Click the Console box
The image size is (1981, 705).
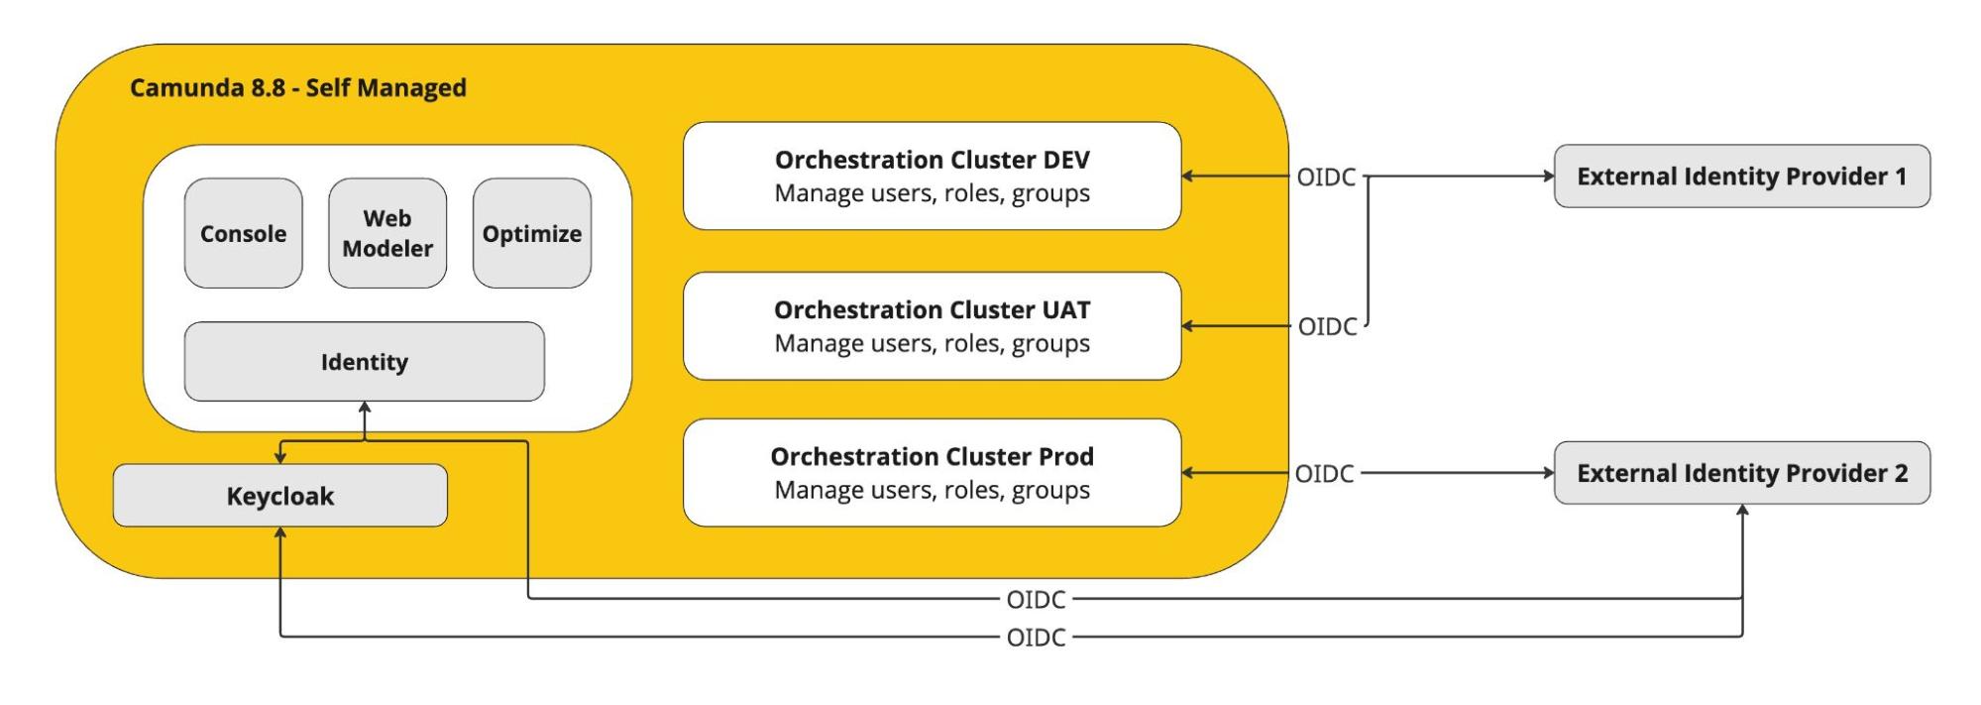tap(243, 233)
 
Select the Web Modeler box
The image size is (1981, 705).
tap(387, 233)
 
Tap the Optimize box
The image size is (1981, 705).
tap(532, 233)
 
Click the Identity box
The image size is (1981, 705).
tap(364, 362)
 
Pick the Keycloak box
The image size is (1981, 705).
tap(280, 496)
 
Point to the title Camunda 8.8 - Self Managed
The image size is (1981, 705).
tap(298, 88)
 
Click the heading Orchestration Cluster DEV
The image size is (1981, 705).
tap(933, 160)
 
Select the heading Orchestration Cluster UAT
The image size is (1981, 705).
tap(933, 309)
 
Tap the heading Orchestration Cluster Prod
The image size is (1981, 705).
tap(933, 456)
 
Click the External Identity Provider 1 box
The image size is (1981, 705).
tap(1742, 176)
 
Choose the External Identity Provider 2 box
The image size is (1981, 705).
tap(1742, 473)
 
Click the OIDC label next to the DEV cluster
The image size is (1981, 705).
tap(1326, 176)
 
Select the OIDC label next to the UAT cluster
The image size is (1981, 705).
tap(1327, 326)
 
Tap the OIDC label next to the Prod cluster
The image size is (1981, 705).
tap(1324, 474)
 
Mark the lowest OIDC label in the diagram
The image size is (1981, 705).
tap(1036, 638)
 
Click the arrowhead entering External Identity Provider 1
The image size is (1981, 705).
tap(1548, 176)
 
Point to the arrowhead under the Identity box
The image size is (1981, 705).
tap(365, 408)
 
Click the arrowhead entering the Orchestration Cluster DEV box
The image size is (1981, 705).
tap(1188, 176)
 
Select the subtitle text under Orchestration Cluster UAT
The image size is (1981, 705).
tap(933, 344)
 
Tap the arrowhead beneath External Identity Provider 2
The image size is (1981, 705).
tap(1742, 511)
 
